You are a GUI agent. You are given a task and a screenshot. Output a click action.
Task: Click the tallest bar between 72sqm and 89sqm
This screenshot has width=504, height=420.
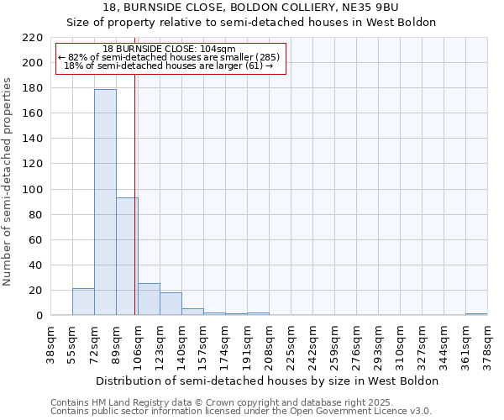coord(105,202)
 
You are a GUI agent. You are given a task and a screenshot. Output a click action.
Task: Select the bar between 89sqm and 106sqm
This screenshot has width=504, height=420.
coord(127,256)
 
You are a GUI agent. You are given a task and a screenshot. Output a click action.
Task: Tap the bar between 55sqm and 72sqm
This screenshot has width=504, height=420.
coord(83,302)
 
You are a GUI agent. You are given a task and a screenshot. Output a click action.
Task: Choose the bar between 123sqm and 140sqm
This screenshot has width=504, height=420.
coord(171,304)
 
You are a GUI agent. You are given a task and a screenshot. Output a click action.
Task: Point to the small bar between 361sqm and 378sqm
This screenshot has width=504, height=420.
coord(476,314)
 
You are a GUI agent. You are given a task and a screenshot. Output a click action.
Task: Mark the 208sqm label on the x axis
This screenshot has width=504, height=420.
coord(270,344)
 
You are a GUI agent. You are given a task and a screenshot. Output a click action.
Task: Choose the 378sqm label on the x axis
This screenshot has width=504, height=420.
coord(488,344)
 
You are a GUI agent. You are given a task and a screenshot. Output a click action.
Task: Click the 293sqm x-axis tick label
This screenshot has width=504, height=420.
coord(379,344)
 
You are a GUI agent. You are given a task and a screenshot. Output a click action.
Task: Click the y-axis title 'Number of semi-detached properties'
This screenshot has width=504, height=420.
coord(8,181)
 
